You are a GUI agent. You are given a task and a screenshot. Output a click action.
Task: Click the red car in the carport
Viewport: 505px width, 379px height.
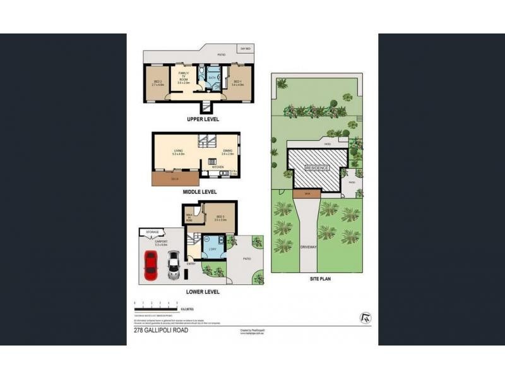coord(151,265)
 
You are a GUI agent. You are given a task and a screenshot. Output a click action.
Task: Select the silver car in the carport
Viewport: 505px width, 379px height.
coord(173,266)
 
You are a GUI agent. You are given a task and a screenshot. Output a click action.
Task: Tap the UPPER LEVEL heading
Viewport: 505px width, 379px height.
coord(203,118)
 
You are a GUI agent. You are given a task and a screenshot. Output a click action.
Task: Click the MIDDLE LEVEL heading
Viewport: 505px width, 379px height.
coord(199,191)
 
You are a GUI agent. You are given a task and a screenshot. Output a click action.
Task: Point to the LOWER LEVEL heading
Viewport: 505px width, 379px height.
coord(202,291)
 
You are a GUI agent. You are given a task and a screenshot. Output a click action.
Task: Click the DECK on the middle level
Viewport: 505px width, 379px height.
coord(174,179)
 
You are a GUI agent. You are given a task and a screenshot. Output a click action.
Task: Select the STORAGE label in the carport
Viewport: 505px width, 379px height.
coord(153,232)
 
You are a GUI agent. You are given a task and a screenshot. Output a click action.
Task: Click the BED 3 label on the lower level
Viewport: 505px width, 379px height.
coord(220,218)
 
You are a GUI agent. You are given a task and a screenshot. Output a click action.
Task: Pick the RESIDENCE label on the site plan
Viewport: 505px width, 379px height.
coord(318,167)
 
